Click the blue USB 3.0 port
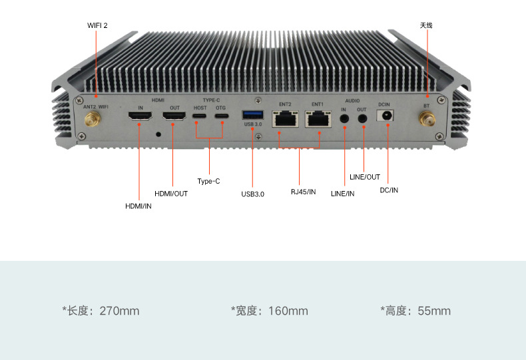point(253,115)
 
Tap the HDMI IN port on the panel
point(140,116)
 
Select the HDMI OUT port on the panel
point(174,116)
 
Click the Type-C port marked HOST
point(199,116)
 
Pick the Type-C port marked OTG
point(222,116)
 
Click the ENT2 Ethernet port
point(285,118)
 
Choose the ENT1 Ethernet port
point(318,118)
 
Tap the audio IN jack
point(344,118)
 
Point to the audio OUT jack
point(362,118)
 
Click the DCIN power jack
point(385,116)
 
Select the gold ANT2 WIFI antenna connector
point(93,119)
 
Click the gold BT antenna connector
point(427,119)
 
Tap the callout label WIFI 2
point(97,25)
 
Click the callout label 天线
point(426,25)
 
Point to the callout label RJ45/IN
point(303,192)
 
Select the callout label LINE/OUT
point(365,177)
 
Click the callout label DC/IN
point(389,190)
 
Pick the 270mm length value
point(119,311)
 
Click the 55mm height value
point(434,311)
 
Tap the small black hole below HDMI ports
point(158,134)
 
